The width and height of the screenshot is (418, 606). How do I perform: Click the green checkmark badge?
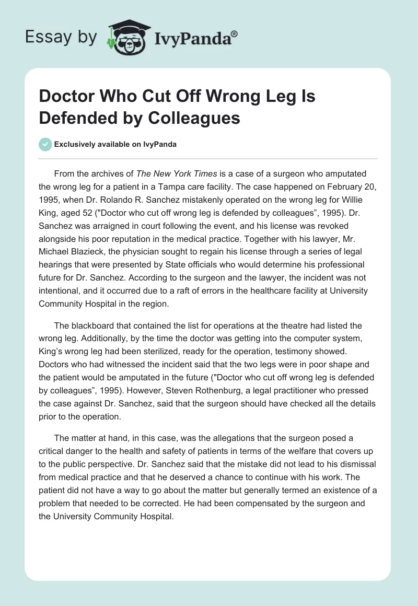(x=45, y=144)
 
